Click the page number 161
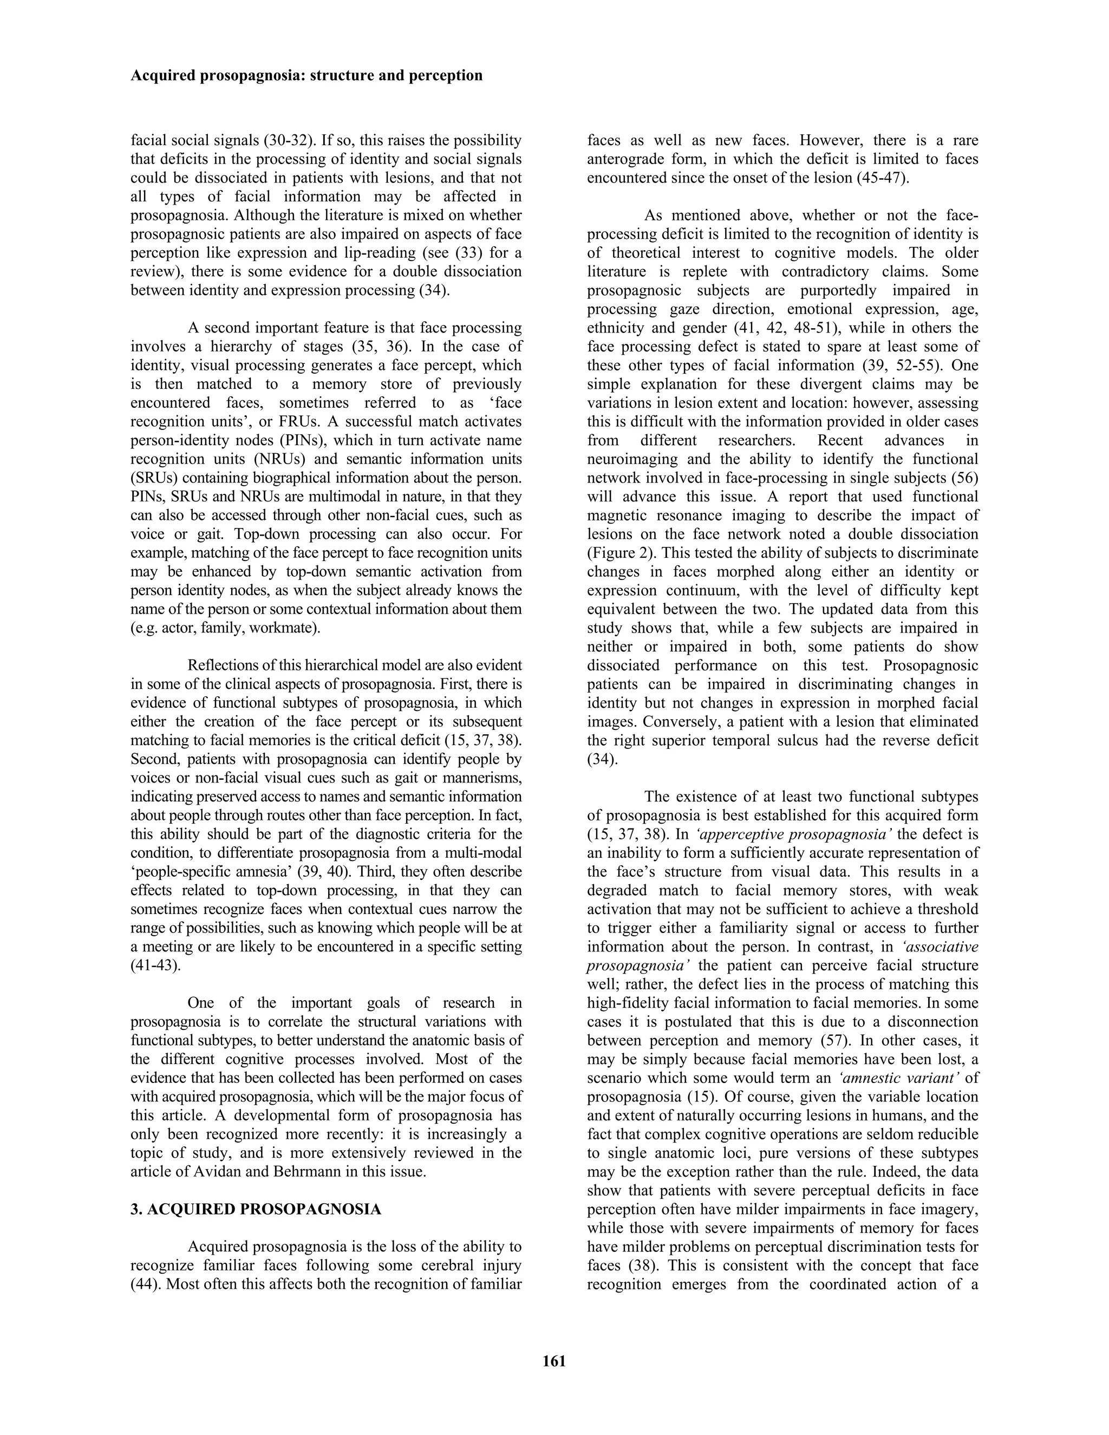pos(554,1361)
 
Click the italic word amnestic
pos(873,1078)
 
